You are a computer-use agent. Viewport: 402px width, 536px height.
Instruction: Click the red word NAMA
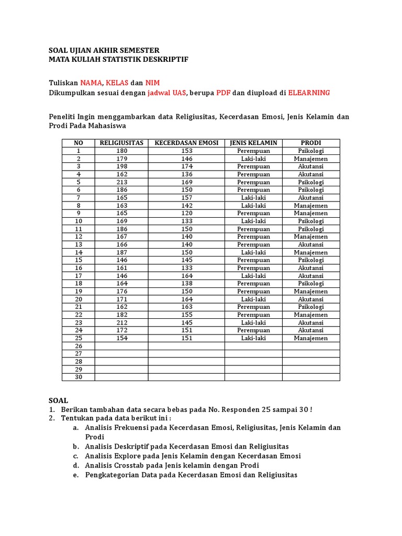(x=91, y=83)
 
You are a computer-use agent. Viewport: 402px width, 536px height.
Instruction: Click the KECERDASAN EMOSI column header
(x=186, y=143)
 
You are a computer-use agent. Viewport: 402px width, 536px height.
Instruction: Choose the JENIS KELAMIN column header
(x=253, y=143)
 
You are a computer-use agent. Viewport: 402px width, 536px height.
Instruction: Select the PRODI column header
(x=311, y=143)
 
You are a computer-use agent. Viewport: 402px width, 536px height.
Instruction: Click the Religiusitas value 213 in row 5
(x=122, y=182)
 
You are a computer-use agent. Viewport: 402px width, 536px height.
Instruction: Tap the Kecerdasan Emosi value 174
(x=187, y=166)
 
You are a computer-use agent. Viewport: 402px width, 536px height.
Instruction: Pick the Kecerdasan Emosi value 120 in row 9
(x=187, y=213)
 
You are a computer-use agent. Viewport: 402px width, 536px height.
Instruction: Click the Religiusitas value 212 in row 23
(x=122, y=322)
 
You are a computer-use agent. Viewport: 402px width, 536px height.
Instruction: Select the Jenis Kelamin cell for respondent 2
(x=253, y=159)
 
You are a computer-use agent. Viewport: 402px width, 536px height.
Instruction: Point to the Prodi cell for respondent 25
(x=311, y=338)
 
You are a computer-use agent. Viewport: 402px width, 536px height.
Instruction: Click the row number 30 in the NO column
(x=79, y=377)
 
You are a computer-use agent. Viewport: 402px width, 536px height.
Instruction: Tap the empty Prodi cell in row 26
(x=311, y=346)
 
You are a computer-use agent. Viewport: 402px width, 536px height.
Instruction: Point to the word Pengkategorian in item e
(x=110, y=475)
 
